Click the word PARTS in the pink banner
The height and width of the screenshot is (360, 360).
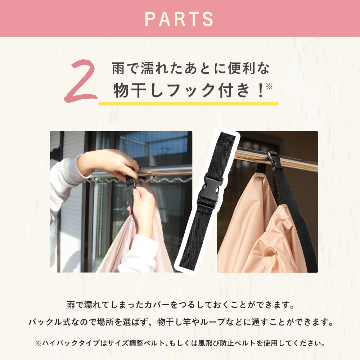click(179, 19)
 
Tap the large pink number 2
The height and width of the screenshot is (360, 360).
click(81, 81)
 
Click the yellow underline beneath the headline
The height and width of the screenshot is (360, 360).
click(188, 104)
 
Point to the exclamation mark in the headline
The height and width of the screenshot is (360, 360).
click(260, 90)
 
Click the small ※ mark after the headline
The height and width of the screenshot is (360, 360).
click(269, 86)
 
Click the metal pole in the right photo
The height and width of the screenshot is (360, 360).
click(275, 158)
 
